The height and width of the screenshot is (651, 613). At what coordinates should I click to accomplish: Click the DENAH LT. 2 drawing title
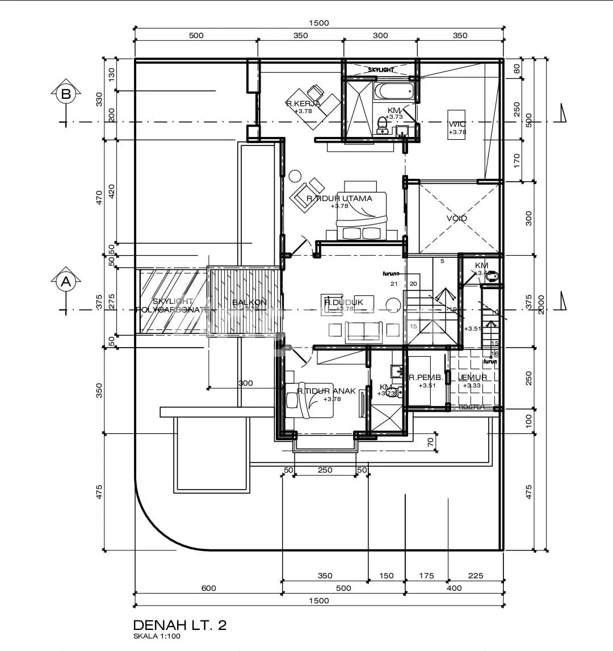pyautogui.click(x=179, y=625)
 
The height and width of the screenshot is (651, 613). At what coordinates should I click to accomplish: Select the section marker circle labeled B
pyautogui.click(x=66, y=94)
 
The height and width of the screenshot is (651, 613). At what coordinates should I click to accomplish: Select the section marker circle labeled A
pyautogui.click(x=66, y=281)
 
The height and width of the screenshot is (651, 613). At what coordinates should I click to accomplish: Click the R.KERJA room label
pyautogui.click(x=304, y=103)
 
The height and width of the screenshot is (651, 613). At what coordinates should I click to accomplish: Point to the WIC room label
pyautogui.click(x=457, y=124)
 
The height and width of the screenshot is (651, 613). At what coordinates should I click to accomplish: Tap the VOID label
pyautogui.click(x=456, y=219)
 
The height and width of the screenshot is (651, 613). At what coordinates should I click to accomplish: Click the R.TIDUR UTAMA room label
pyautogui.click(x=339, y=198)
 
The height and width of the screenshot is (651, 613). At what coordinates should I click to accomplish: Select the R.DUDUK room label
pyautogui.click(x=343, y=303)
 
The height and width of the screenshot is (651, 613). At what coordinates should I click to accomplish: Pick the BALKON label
pyautogui.click(x=249, y=303)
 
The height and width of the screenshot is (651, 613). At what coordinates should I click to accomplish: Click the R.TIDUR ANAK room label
pyautogui.click(x=326, y=391)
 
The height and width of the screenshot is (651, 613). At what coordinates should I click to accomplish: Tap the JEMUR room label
pyautogui.click(x=472, y=377)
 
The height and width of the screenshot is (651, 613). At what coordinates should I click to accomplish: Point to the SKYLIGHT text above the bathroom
pyautogui.click(x=381, y=70)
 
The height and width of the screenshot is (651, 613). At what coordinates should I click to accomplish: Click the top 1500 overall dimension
pyautogui.click(x=318, y=23)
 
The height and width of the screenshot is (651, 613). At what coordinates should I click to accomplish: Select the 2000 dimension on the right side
pyautogui.click(x=541, y=304)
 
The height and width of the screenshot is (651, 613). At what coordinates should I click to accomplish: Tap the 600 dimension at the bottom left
pyautogui.click(x=209, y=588)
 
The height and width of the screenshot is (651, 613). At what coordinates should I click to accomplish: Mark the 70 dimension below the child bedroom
pyautogui.click(x=430, y=440)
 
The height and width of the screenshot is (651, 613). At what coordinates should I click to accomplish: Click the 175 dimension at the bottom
pyautogui.click(x=426, y=575)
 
